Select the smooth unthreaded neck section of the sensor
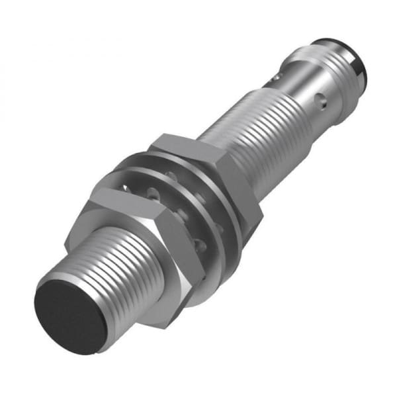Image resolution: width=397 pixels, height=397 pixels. tap(311, 93)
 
